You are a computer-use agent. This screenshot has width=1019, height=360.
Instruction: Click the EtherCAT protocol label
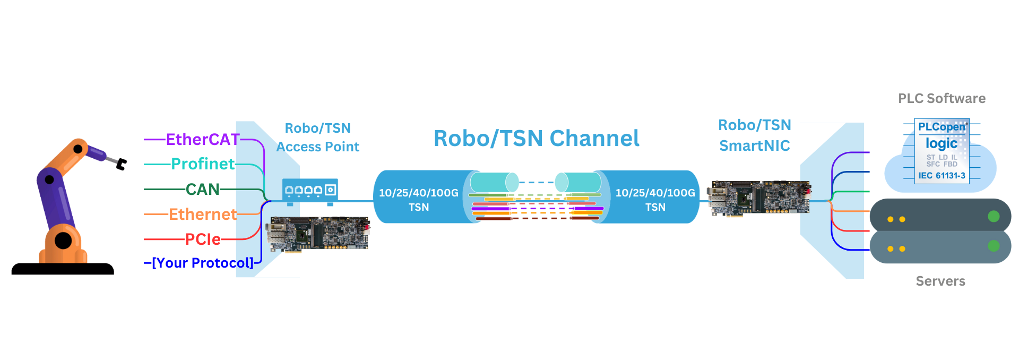pos(203,140)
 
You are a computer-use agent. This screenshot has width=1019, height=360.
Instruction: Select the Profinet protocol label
pos(203,164)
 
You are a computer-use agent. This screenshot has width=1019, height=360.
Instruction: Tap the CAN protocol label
pos(202,189)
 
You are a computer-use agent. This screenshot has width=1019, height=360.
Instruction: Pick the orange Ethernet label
pos(203,215)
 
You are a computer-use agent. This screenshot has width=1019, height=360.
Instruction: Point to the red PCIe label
pos(203,239)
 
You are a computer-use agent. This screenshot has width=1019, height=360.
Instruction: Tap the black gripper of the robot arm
pos(122,164)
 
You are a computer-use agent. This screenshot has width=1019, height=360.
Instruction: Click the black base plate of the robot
pos(63,269)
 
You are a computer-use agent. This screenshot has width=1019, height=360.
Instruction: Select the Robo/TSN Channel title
pos(536,139)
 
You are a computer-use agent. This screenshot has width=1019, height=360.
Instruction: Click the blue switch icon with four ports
pos(310,190)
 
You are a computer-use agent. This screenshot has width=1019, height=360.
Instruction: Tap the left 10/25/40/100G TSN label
pos(419,200)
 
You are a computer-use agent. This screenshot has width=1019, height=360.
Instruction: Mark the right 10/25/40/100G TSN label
pos(655,200)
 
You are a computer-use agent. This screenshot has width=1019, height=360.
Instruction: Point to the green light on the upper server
pos(994,216)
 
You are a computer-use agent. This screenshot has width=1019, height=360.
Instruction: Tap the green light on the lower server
pos(994,246)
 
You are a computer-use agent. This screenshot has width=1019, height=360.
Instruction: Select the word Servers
pos(940,281)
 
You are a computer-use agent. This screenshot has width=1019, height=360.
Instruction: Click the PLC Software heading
pos(942,99)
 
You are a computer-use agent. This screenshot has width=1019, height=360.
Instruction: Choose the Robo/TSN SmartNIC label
pos(754,135)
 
